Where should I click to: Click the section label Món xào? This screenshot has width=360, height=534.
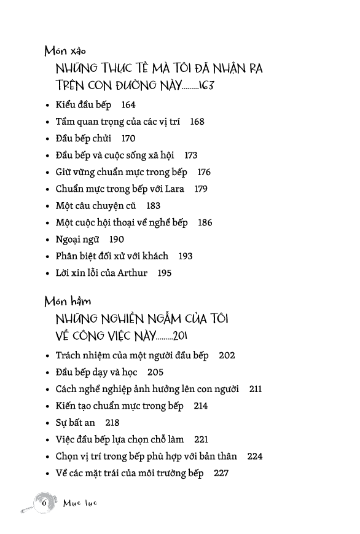click(69, 51)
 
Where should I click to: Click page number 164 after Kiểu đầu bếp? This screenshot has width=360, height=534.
click(128, 105)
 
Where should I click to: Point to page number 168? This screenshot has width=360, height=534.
click(197, 122)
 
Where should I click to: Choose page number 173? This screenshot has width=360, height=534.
click(190, 155)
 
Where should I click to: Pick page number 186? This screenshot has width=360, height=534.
click(205, 222)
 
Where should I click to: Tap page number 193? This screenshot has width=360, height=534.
click(185, 256)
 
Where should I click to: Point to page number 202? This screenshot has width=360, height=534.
click(227, 356)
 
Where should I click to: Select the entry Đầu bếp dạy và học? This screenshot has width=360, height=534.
click(96, 372)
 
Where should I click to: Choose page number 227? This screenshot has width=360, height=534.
click(221, 473)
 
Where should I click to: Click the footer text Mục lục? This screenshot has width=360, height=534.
click(80, 503)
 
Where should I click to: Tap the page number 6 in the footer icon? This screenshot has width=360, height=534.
click(44, 502)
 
